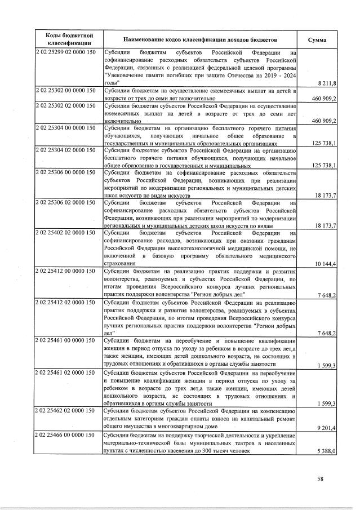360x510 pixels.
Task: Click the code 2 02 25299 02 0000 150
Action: point(65,53)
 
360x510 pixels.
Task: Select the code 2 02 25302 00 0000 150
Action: point(65,91)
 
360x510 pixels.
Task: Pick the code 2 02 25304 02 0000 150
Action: point(65,151)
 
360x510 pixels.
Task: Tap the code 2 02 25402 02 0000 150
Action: point(65,233)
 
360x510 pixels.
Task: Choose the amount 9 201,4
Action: point(327,428)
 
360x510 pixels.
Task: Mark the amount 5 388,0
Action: point(327,451)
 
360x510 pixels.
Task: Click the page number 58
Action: point(320,480)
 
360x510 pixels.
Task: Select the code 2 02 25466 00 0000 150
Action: point(65,436)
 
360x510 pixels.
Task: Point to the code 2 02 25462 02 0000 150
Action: point(65,413)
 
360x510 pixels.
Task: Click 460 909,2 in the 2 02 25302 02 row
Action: point(323,121)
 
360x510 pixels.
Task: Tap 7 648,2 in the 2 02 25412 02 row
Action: point(327,334)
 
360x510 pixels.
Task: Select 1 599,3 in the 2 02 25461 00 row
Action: point(327,366)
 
